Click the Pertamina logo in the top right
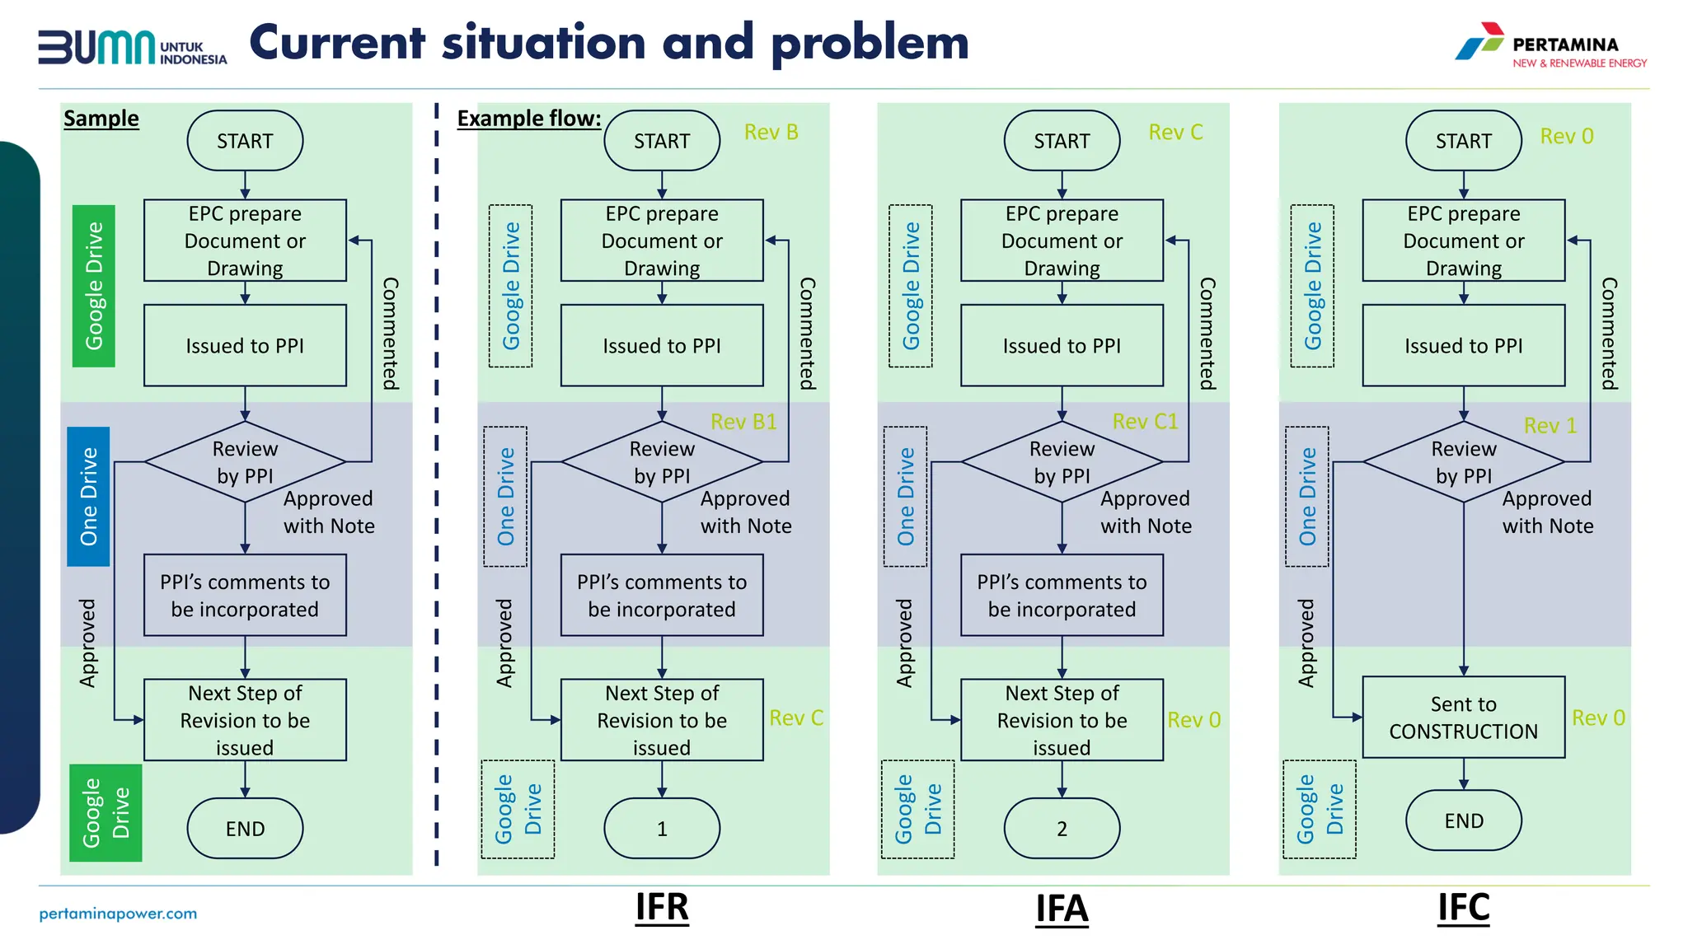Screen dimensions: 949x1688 [1550, 45]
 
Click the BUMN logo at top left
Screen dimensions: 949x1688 [132, 47]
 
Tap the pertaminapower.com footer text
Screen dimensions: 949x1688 [118, 914]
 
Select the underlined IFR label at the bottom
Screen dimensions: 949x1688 [662, 908]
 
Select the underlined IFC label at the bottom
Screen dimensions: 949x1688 [1463, 908]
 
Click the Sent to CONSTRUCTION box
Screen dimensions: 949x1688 [1463, 718]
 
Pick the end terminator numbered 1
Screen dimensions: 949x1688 [662, 828]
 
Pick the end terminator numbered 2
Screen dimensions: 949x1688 [1062, 828]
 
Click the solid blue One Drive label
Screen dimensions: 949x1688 [88, 496]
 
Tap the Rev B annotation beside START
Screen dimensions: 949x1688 [771, 133]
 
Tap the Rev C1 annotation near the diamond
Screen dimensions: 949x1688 [1145, 422]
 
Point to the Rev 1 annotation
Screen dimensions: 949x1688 [1550, 426]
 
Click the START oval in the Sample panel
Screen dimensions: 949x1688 [245, 141]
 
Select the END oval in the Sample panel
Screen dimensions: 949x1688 [245, 828]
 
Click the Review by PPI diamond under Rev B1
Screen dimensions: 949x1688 [662, 462]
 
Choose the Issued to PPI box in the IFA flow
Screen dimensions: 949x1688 [1062, 346]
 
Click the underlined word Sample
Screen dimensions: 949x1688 [101, 119]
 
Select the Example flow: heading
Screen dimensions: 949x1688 [529, 119]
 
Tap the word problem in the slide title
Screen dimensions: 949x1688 [870, 44]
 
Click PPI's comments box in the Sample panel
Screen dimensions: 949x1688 [245, 595]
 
